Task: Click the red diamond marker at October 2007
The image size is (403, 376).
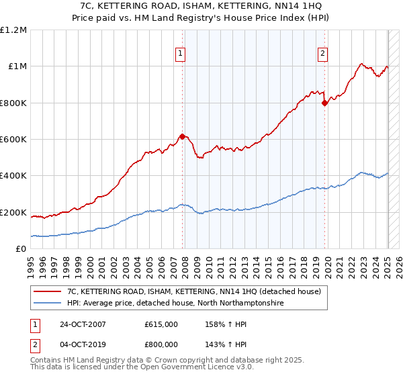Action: click(x=182, y=137)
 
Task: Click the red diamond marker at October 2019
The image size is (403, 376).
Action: click(x=324, y=103)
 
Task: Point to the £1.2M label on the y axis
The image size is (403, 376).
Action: click(x=13, y=30)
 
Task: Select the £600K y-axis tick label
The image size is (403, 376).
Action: click(x=13, y=140)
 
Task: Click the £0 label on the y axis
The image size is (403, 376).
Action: click(x=21, y=249)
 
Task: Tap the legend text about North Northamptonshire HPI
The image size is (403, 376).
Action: click(x=175, y=303)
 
